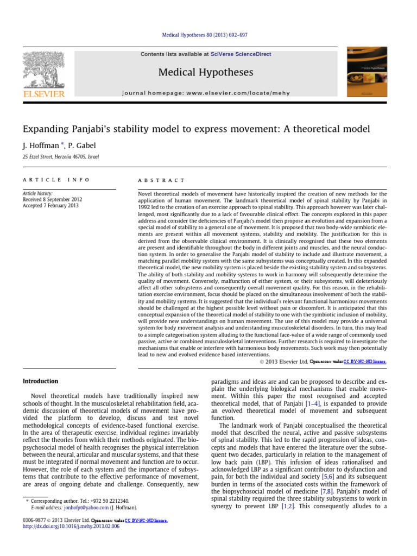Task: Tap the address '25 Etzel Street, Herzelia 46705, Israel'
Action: click(x=60, y=157)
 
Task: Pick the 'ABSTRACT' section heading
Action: click(x=162, y=180)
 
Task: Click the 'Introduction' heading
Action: click(x=40, y=381)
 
